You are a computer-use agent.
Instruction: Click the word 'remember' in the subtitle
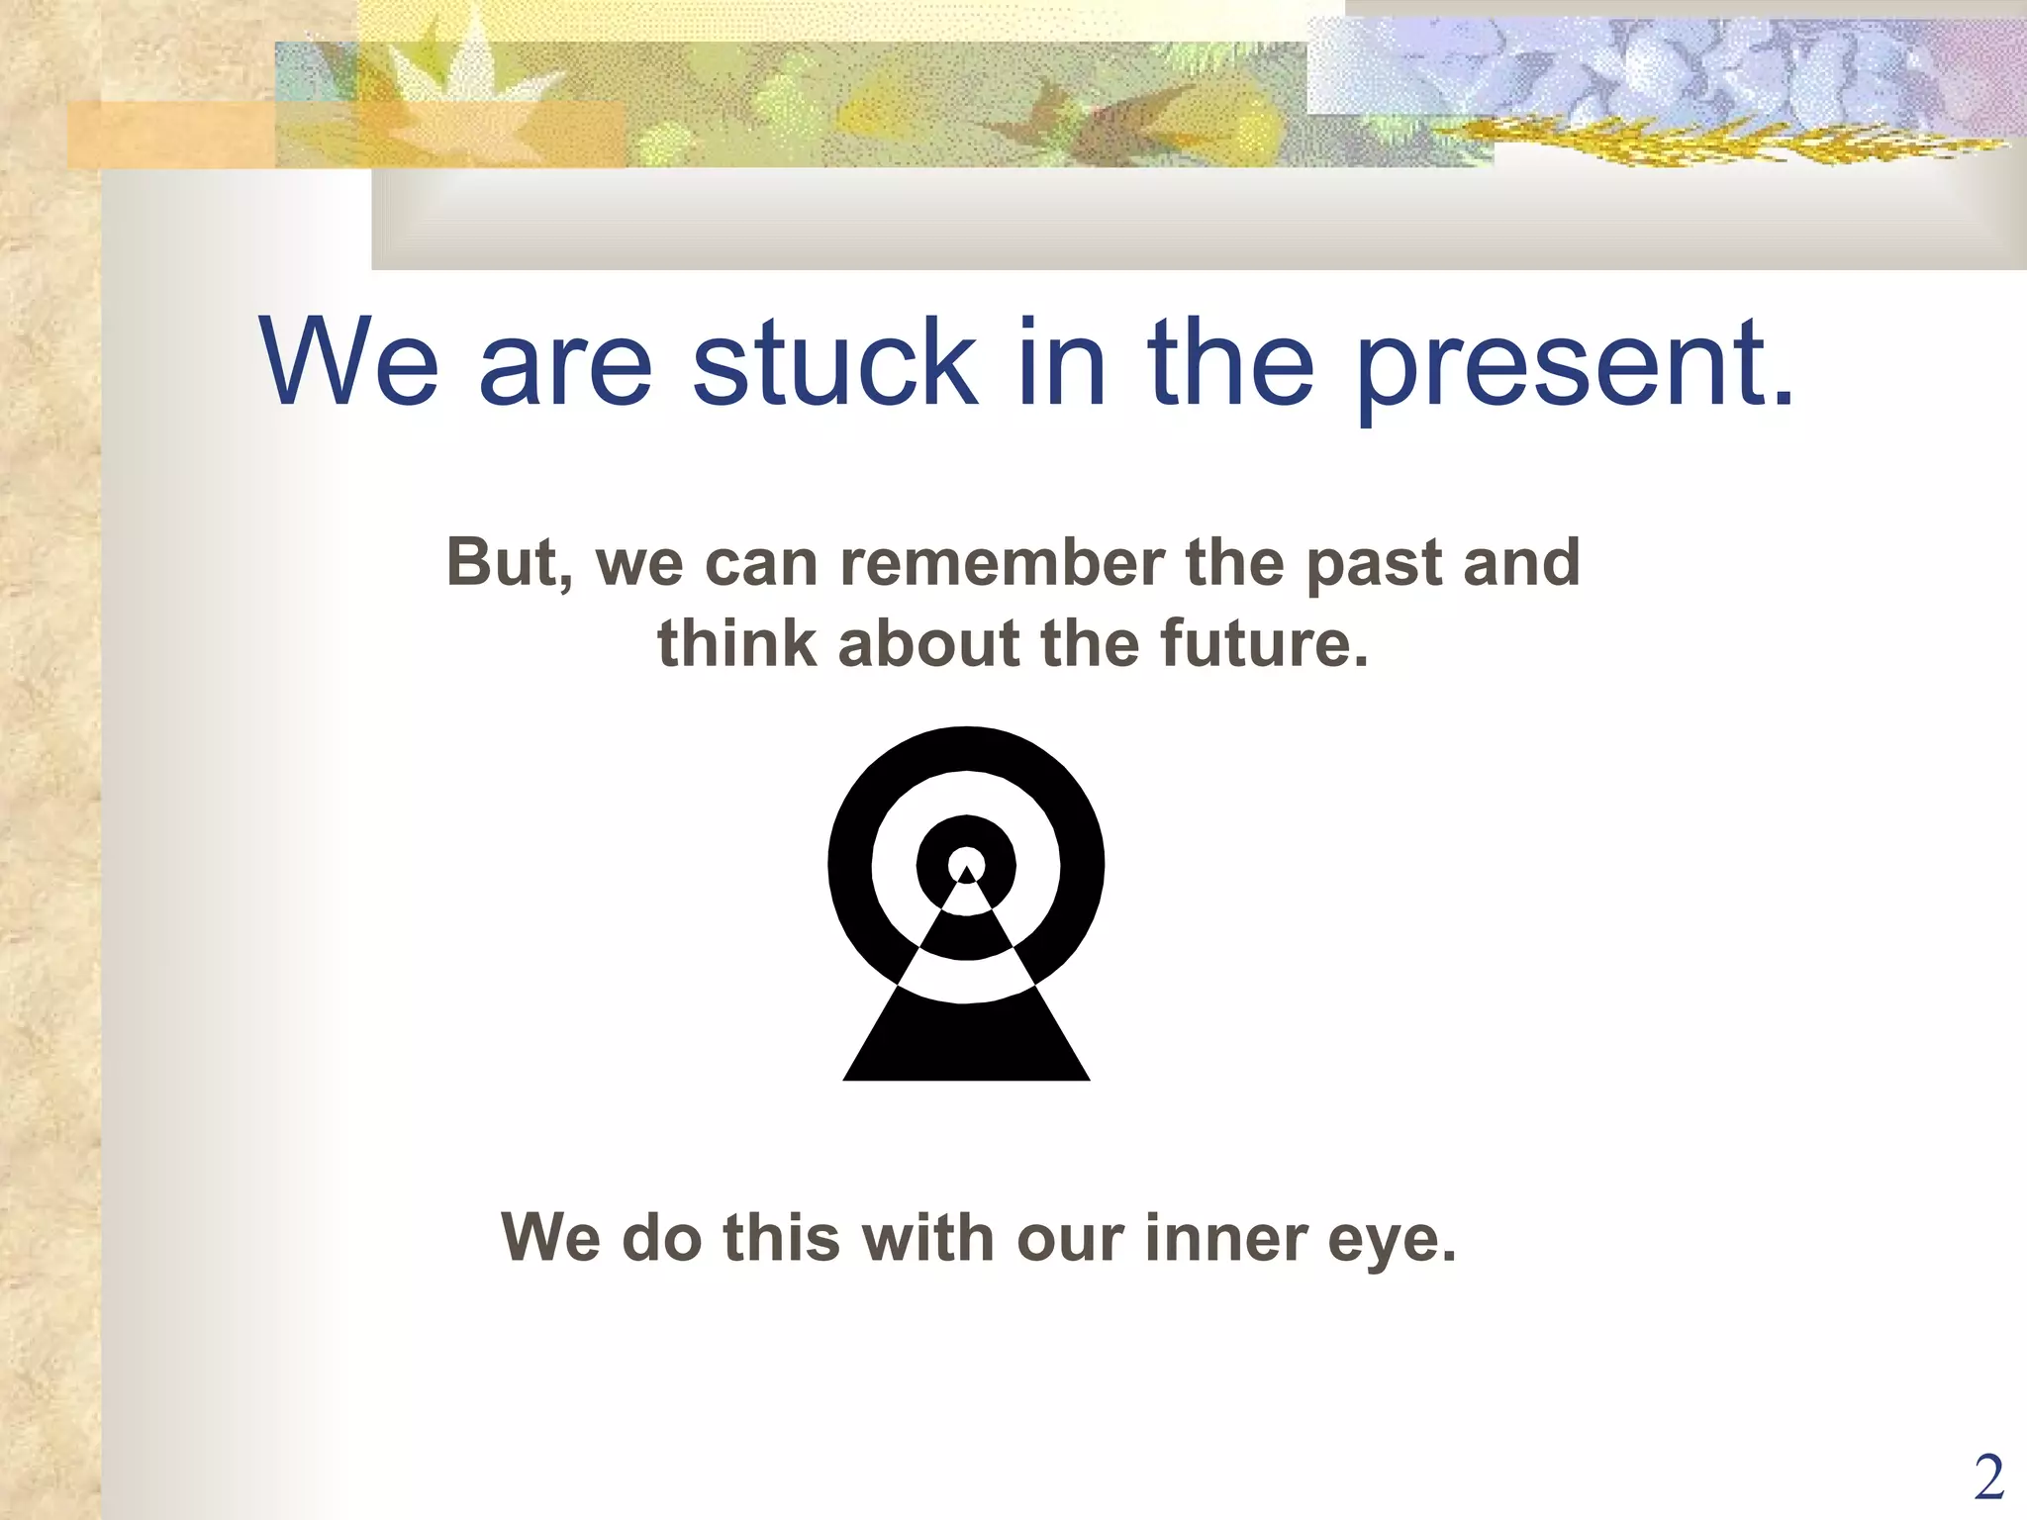[1002, 563]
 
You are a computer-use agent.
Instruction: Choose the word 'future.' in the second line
[1264, 644]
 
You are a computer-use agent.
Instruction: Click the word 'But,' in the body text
[510, 564]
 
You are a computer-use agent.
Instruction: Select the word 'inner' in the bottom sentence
[1225, 1238]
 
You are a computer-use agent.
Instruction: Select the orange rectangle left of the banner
[168, 135]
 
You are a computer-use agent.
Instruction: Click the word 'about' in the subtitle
[928, 644]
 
